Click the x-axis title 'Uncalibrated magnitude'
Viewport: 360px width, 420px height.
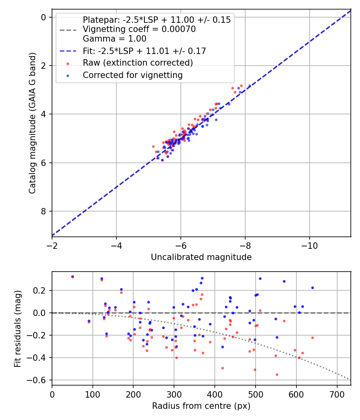[201, 257]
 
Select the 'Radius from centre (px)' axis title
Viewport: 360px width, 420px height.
[201, 406]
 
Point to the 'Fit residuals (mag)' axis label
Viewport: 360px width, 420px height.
[18, 328]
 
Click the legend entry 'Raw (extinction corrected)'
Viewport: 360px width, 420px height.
[138, 63]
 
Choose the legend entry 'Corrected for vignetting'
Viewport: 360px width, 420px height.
[133, 75]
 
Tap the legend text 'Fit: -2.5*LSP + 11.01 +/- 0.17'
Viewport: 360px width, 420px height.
[144, 51]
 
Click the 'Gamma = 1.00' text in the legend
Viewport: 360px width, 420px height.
[114, 39]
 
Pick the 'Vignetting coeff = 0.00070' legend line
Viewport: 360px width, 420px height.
[139, 29]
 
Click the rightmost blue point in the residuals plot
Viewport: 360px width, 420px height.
[312, 288]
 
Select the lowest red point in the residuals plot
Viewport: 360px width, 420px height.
[277, 374]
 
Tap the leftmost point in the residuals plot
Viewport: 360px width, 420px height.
[72, 276]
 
